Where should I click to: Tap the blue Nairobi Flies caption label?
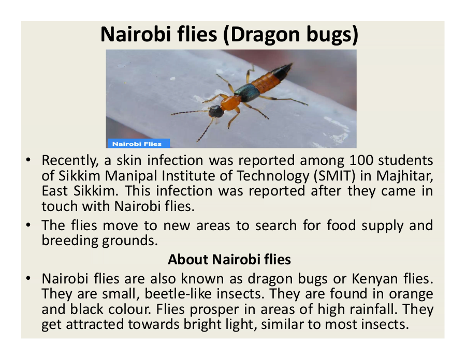138,144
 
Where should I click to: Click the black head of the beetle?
216,111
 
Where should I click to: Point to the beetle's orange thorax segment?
230,103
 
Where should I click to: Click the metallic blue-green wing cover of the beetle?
247,92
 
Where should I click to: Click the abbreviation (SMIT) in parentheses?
334,176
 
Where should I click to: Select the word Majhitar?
404,176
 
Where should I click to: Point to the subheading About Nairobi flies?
229,259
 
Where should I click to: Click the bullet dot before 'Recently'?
28,160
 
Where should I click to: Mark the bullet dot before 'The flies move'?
28,226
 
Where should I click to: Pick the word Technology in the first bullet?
273,176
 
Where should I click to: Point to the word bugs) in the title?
332,35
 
